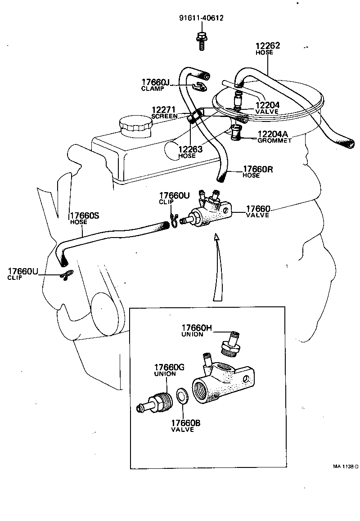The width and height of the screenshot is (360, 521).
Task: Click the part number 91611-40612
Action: pos(201,18)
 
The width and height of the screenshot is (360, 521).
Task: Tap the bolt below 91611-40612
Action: pos(200,40)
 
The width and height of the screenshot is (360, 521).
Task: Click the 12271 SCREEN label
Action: pos(165,112)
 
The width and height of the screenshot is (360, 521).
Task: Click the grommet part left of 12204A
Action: pos(236,133)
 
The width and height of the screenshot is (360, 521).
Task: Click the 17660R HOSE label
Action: pos(258,172)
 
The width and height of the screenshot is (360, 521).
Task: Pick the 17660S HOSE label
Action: pos(84,218)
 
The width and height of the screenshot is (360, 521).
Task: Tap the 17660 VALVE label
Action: pos(258,211)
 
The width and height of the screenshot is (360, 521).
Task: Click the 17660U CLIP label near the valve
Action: pos(174,198)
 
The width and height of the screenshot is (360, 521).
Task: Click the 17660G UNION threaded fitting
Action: pos(157,400)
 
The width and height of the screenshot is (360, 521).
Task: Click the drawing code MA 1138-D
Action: pos(345,466)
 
